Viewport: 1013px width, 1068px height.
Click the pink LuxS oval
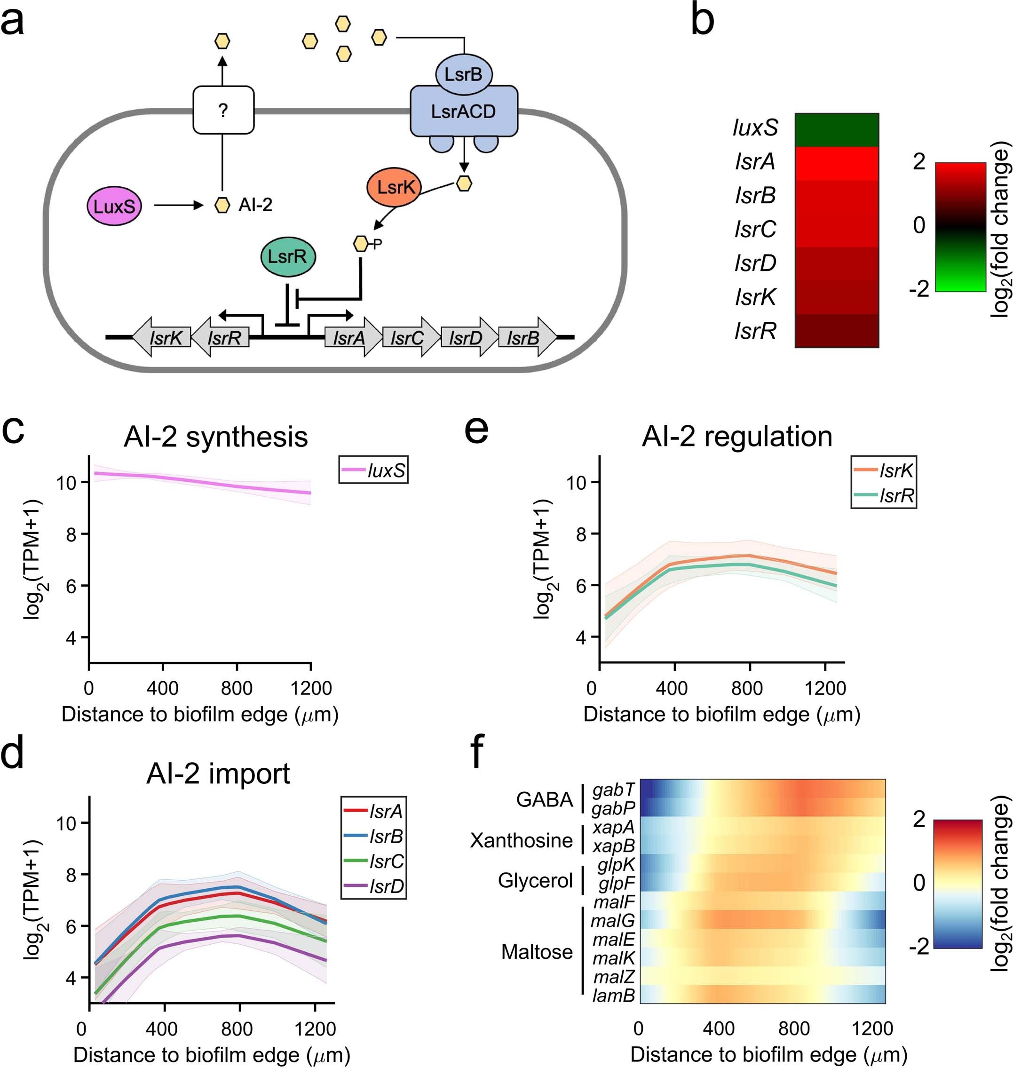(x=114, y=207)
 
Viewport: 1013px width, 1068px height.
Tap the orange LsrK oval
(x=394, y=187)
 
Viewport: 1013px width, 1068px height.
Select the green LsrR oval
(x=288, y=256)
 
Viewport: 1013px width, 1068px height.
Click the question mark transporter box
(x=223, y=110)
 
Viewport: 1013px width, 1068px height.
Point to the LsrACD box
(x=463, y=112)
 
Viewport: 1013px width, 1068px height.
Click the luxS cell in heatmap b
(x=837, y=130)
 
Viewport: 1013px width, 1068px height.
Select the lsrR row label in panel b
(x=755, y=331)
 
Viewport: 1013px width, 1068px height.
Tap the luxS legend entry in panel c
(x=374, y=470)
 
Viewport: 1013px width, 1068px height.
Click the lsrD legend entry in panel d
(x=374, y=886)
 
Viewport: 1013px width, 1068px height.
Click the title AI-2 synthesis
(x=215, y=437)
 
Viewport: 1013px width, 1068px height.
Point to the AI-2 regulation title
(x=736, y=436)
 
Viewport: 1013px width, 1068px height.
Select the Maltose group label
(x=537, y=951)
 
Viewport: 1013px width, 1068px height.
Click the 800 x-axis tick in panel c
(x=237, y=688)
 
